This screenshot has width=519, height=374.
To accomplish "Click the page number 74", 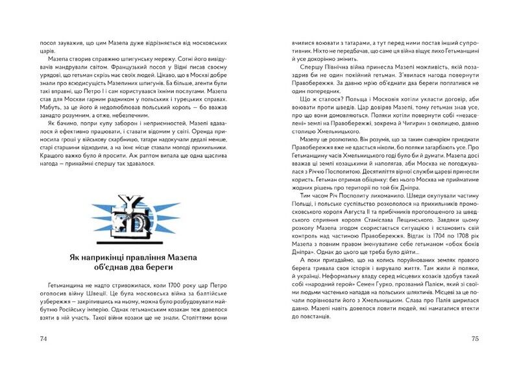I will (44, 338).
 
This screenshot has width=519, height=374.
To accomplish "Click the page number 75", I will (474, 338).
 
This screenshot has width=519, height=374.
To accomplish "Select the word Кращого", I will (54, 158).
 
